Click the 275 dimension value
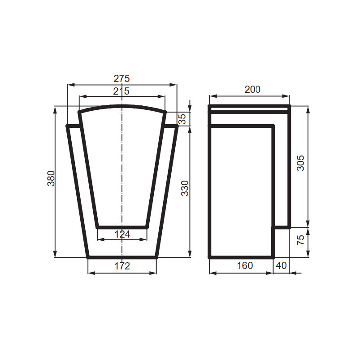pos(121,78)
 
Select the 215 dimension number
pos(121,91)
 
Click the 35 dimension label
pos(182,119)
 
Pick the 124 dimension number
pos(122,234)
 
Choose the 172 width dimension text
pos(122,266)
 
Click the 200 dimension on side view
pos(252,89)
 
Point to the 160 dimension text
pos(244,265)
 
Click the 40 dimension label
pos(281,265)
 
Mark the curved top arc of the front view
pos(122,106)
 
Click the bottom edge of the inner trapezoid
pos(122,227)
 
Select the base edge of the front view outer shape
pos(122,257)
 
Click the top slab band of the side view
pos(249,108)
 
